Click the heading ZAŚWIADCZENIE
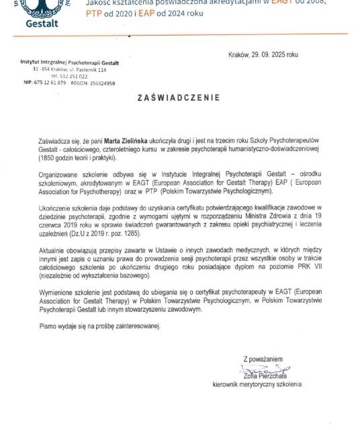pos(178,97)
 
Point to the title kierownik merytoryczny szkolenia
pos(266,384)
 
